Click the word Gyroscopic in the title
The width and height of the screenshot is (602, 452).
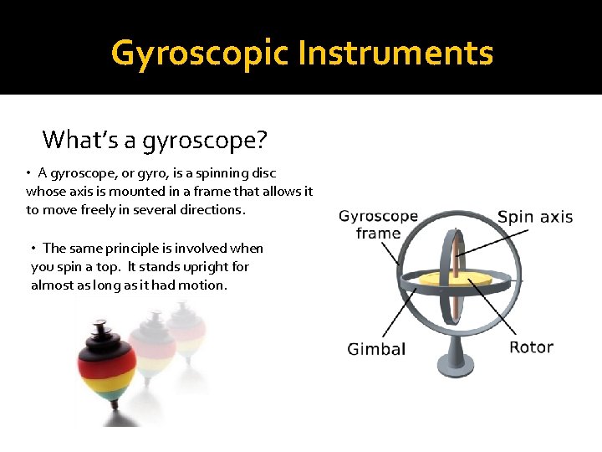tap(200, 54)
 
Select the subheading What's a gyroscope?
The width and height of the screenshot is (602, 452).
tap(154, 139)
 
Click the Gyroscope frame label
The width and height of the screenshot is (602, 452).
tap(378, 224)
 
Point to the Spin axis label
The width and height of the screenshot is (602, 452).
tap(535, 217)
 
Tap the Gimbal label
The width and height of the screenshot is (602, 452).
tap(376, 349)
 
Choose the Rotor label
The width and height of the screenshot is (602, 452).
tap(532, 347)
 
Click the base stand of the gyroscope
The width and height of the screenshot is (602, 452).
tap(457, 356)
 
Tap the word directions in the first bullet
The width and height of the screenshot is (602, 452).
tap(213, 210)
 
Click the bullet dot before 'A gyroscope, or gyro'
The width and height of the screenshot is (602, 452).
tap(28, 173)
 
